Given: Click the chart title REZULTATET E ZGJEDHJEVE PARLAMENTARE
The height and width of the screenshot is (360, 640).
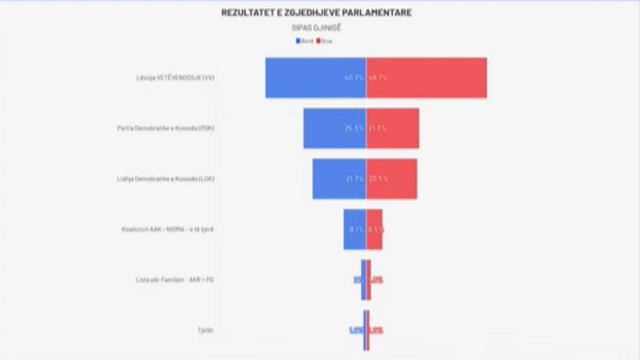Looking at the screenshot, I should pos(317,13).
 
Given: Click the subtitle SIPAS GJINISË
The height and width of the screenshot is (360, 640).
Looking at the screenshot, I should pos(317,28).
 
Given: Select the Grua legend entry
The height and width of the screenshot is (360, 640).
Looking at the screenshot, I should pos(324,40).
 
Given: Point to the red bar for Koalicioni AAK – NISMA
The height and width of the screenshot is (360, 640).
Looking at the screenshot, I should pos(373,230).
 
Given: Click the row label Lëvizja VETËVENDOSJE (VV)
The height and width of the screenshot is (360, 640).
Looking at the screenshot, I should pos(176,78).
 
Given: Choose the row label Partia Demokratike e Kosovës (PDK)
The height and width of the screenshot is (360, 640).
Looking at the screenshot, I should pos(166,129).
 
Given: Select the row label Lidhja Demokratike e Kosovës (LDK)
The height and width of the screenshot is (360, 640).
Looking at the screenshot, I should pos(166,179).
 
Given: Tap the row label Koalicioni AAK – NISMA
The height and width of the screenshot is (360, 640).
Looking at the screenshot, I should pos(168,230).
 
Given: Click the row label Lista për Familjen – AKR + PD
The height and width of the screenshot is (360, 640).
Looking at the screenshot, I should pos(175,280).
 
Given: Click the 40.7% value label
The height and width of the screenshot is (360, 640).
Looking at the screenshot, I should pos(354,78).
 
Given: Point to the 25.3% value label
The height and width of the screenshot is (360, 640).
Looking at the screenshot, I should pos(354,129).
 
